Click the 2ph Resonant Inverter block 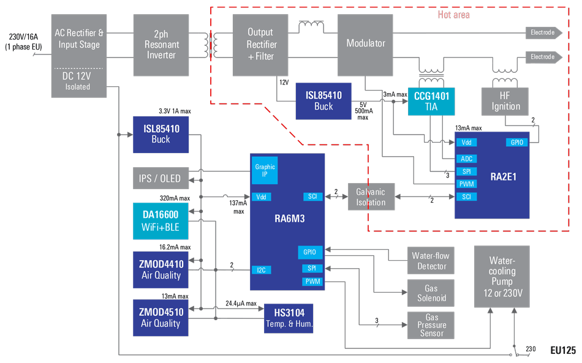click(161, 44)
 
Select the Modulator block click(366, 43)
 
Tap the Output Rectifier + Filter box click(260, 44)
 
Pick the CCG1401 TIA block click(431, 101)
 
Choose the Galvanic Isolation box click(371, 197)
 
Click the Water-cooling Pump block click(502, 277)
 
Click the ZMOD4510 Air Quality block click(161, 317)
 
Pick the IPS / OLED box click(160, 178)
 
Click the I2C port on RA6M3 click(261, 269)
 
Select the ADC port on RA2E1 click(467, 159)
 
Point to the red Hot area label click(453, 14)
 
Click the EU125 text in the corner click(562, 351)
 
